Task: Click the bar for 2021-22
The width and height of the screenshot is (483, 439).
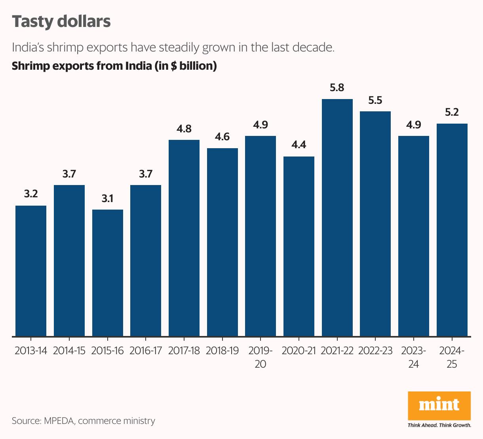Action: [x=337, y=218]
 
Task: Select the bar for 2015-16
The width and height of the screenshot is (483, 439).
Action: [x=107, y=273]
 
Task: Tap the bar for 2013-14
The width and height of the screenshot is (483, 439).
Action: [x=31, y=271]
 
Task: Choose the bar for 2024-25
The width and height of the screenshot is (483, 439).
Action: [x=452, y=230]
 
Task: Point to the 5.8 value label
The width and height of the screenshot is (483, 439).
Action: [x=337, y=88]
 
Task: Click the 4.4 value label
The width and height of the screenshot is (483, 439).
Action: [x=299, y=145]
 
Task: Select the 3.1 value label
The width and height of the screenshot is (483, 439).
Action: [x=107, y=199]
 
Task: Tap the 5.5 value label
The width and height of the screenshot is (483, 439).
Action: [x=375, y=100]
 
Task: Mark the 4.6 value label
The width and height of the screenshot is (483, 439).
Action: [x=222, y=137]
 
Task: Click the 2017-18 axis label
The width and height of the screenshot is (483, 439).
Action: [x=184, y=351]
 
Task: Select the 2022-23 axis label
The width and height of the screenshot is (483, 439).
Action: [x=375, y=351]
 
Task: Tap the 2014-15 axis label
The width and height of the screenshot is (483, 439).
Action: [x=69, y=351]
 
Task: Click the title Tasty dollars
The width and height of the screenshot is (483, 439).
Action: [x=61, y=21]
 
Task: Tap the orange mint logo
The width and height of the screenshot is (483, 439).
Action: [x=439, y=405]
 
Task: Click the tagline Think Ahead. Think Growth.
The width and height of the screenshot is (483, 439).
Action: [x=439, y=425]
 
